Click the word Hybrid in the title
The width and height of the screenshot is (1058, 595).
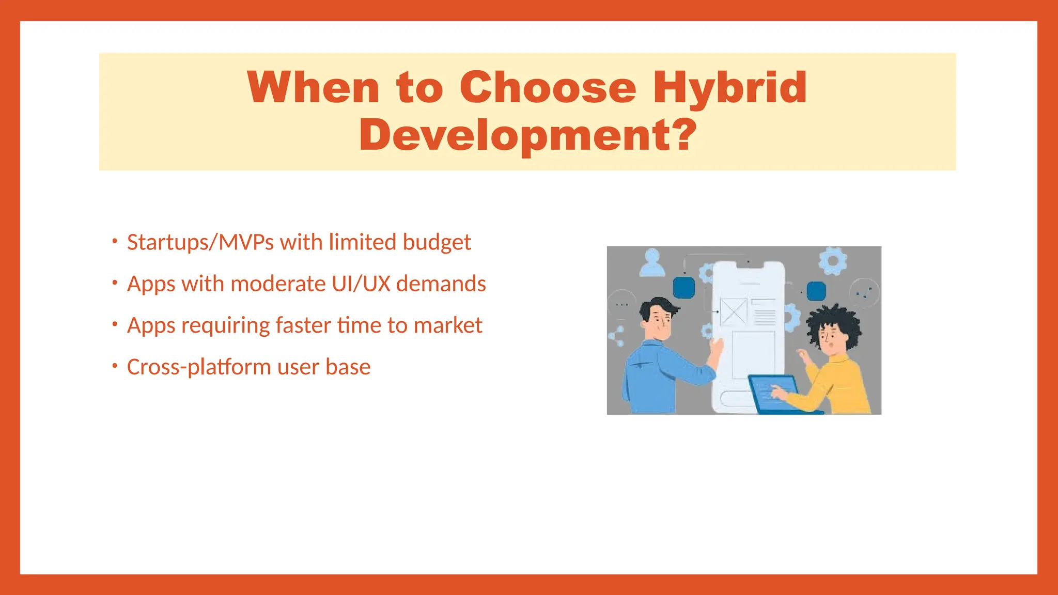tap(729, 88)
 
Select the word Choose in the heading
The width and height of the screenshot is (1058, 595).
tap(548, 88)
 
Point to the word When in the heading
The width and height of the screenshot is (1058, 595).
tap(314, 88)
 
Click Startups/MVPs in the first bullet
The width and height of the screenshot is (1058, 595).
tap(200, 242)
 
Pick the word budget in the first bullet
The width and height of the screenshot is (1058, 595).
tap(437, 242)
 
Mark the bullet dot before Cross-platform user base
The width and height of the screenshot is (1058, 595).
tap(115, 366)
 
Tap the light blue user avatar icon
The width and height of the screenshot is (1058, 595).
tap(652, 262)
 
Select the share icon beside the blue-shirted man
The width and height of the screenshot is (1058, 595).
tap(617, 336)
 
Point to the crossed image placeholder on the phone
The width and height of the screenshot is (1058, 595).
tap(733, 311)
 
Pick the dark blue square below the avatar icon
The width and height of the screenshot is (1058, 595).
tap(684, 288)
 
